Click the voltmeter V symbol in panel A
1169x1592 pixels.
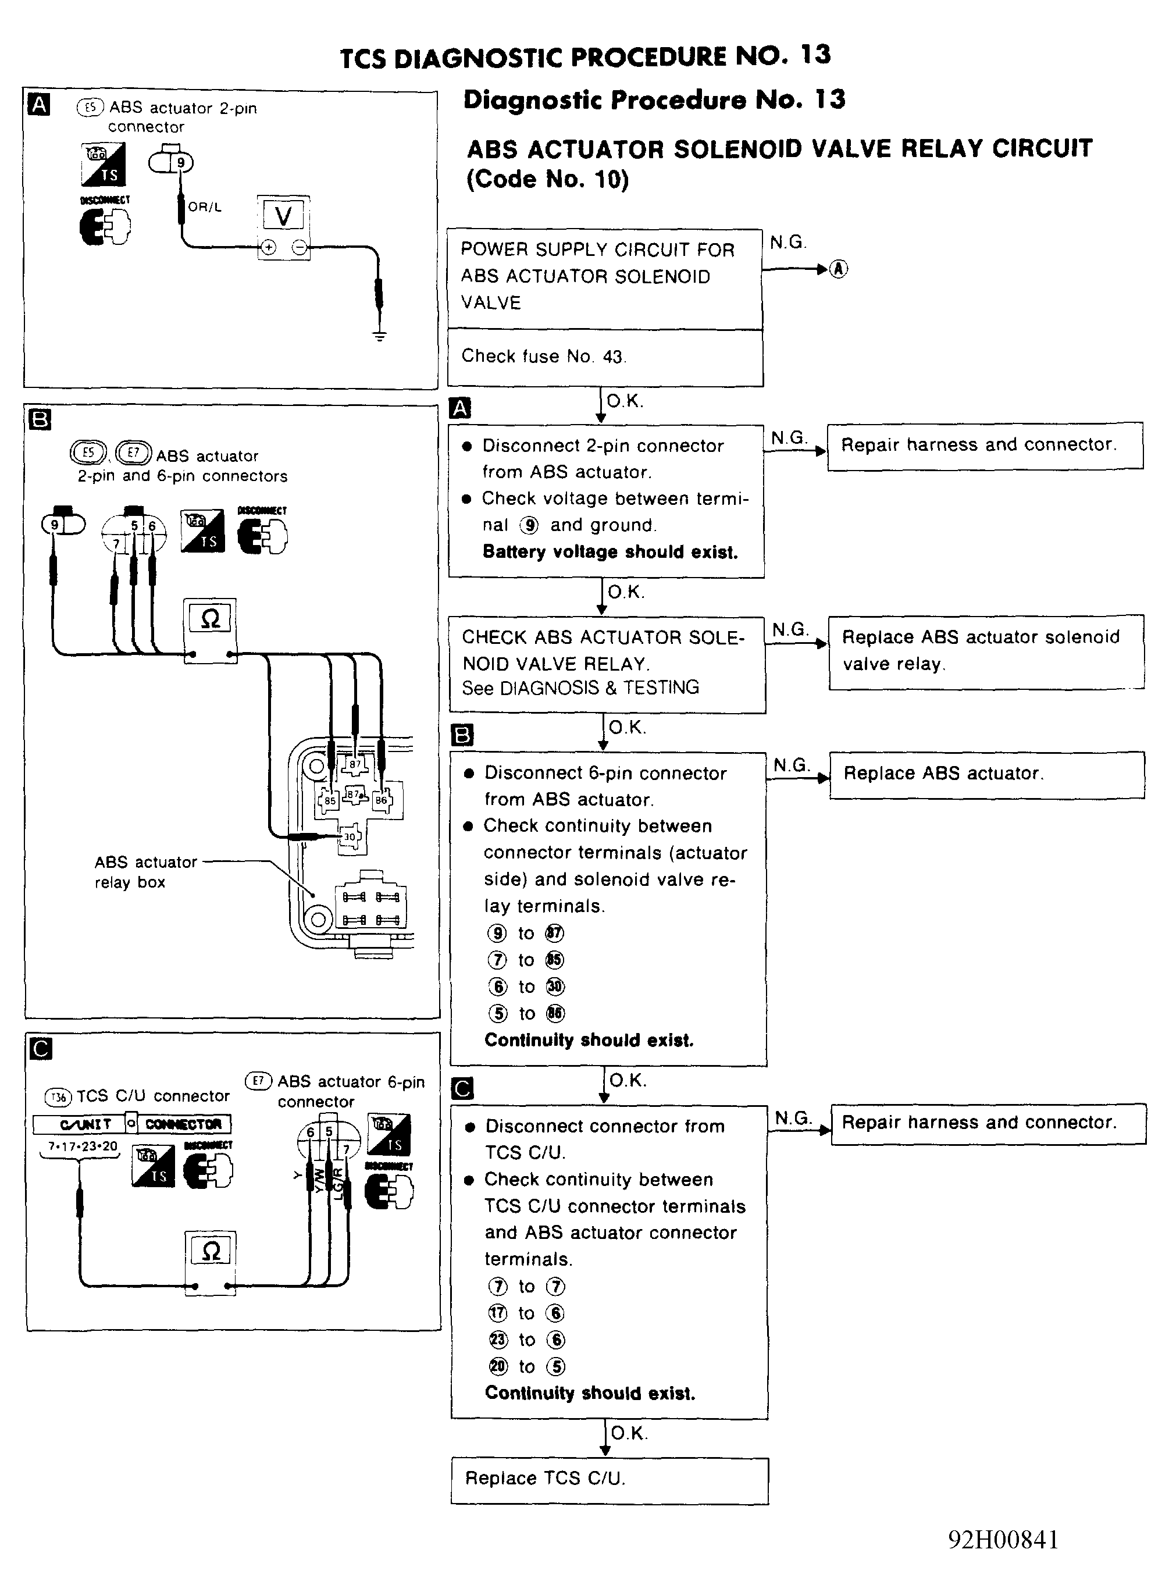[283, 215]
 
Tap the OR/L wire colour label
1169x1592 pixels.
[205, 207]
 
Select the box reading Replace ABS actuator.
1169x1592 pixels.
[986, 774]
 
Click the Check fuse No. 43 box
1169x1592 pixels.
[605, 357]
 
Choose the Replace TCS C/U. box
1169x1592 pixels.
[610, 1478]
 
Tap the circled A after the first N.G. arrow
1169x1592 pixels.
[839, 269]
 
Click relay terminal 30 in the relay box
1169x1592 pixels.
[350, 836]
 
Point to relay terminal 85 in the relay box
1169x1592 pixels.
[329, 800]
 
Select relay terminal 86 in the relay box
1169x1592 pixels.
[382, 800]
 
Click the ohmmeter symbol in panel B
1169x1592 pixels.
[210, 619]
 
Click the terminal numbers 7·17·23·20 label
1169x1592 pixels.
[82, 1146]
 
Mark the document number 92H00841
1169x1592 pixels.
[1003, 1540]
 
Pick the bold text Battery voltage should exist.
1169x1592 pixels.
[610, 552]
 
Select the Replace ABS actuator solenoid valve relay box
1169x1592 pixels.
[986, 651]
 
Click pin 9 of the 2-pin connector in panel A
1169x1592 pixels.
[180, 163]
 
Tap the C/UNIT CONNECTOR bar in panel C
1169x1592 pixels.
[131, 1124]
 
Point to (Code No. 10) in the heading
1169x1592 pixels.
[547, 179]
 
